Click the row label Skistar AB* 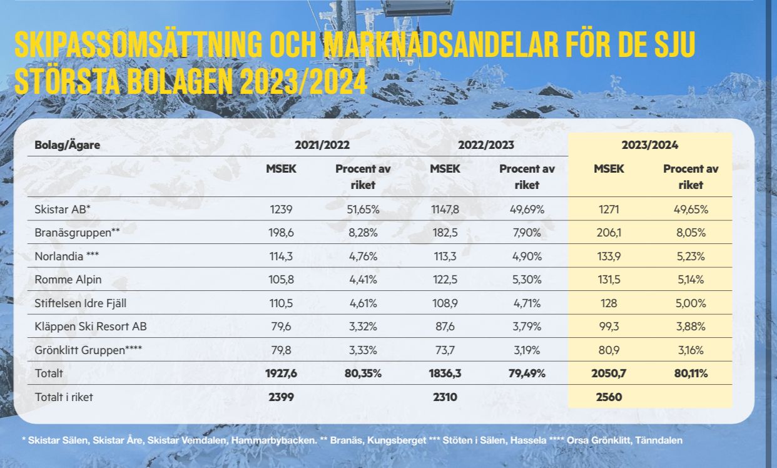pos(62,209)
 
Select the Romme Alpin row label pos(68,280)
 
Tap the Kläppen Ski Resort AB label pos(91,327)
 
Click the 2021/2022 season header pos(322,145)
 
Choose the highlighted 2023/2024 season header pos(650,145)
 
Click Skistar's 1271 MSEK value pos(609,209)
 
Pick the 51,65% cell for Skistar pos(363,209)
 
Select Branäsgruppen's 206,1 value pos(609,233)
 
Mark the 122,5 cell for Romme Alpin pos(444,280)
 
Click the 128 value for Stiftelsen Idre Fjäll pos(609,303)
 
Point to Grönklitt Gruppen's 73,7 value pos(444,350)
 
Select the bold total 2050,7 pos(609,374)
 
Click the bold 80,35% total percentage pos(363,374)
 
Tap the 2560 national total pos(609,397)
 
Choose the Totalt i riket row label pos(64,397)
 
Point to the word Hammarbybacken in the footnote pos(274,440)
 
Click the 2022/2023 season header pos(486,145)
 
